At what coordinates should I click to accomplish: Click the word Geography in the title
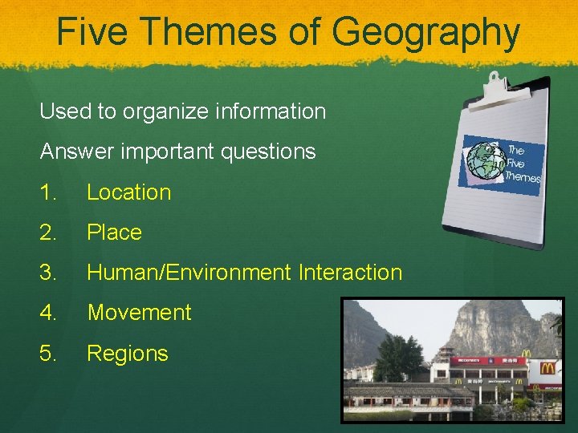coord(425,33)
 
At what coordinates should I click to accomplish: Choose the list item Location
coord(128,192)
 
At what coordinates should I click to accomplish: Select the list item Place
coord(114,233)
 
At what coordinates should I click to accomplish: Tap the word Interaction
coord(350,273)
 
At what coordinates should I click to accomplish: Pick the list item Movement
coord(139,313)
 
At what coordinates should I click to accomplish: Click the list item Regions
coord(127,354)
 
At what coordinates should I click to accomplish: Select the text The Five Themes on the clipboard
coord(523,164)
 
